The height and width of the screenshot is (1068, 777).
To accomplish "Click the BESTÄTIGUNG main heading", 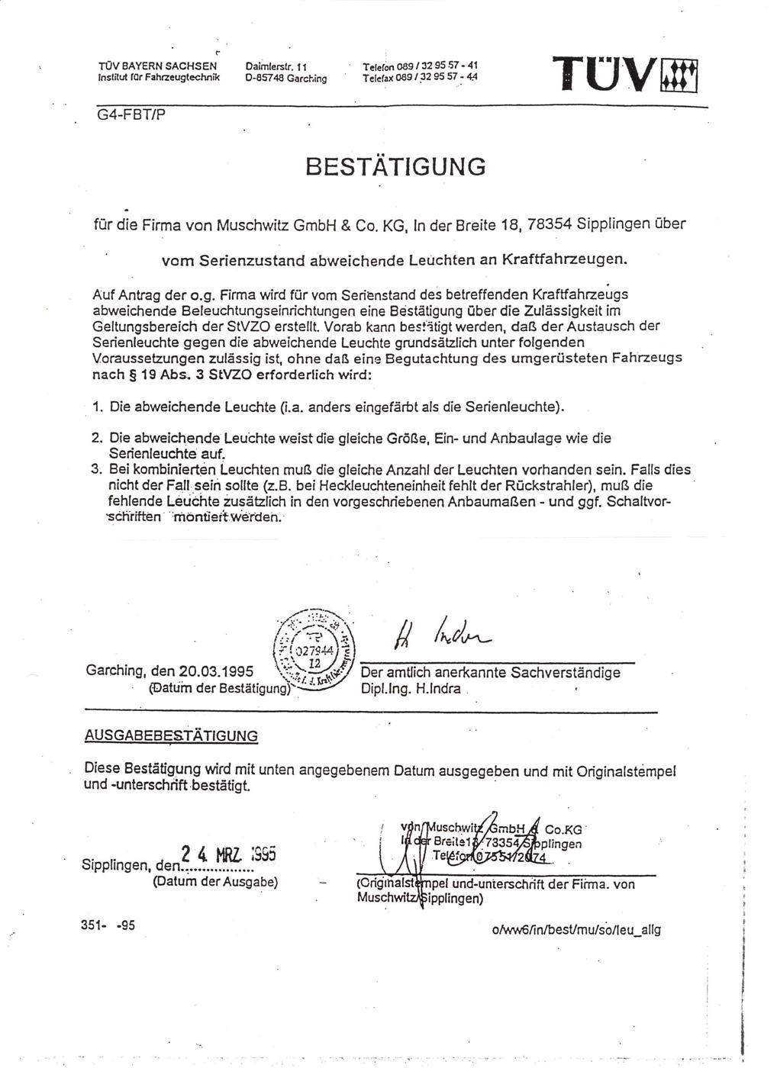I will (395, 166).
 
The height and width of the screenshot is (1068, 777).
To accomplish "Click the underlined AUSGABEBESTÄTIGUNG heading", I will (171, 736).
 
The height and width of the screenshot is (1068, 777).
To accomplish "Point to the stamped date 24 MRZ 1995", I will (226, 854).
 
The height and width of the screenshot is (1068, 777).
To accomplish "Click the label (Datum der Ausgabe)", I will (215, 883).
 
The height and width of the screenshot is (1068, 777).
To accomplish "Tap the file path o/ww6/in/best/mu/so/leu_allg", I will (578, 930).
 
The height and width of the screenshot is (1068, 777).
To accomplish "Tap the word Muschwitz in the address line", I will (253, 226).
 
